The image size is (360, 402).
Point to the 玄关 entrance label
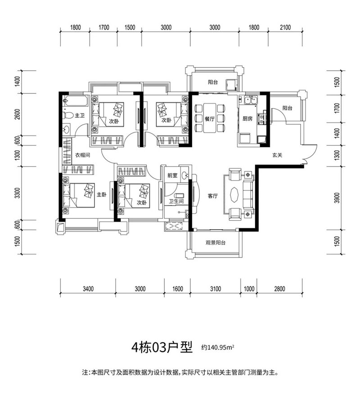point(277,156)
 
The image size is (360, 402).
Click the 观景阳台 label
point(216,243)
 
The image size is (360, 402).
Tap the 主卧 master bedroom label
point(102,195)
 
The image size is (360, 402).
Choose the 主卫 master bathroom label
point(80,116)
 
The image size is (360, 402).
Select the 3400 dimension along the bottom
point(88,289)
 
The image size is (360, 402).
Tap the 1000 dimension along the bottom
point(249,289)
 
